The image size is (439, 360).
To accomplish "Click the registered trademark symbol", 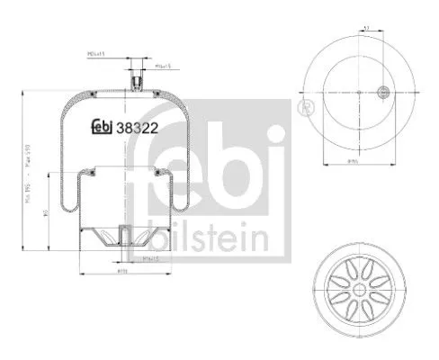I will (x=302, y=109).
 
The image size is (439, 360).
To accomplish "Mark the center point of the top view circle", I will (x=358, y=92).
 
